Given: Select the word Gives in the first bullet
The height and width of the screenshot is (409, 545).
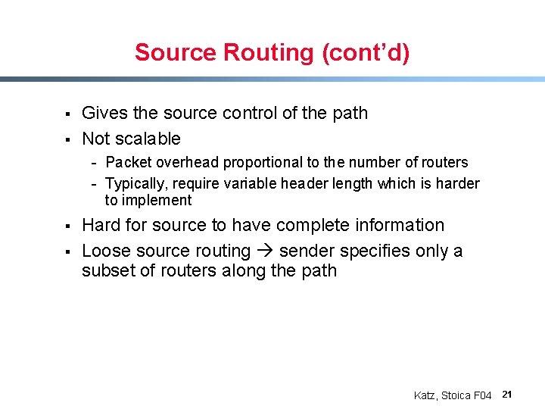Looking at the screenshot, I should tap(104, 114).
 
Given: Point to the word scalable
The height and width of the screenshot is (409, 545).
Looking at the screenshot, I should tap(148, 139).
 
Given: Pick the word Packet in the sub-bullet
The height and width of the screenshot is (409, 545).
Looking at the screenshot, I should tap(129, 163).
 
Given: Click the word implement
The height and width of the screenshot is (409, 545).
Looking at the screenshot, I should tap(148, 201).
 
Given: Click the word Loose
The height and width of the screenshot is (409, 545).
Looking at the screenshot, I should tap(104, 251).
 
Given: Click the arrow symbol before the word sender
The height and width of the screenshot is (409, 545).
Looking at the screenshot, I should tap(265, 251).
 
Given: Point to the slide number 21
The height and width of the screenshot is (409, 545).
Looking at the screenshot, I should tap(508, 395).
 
